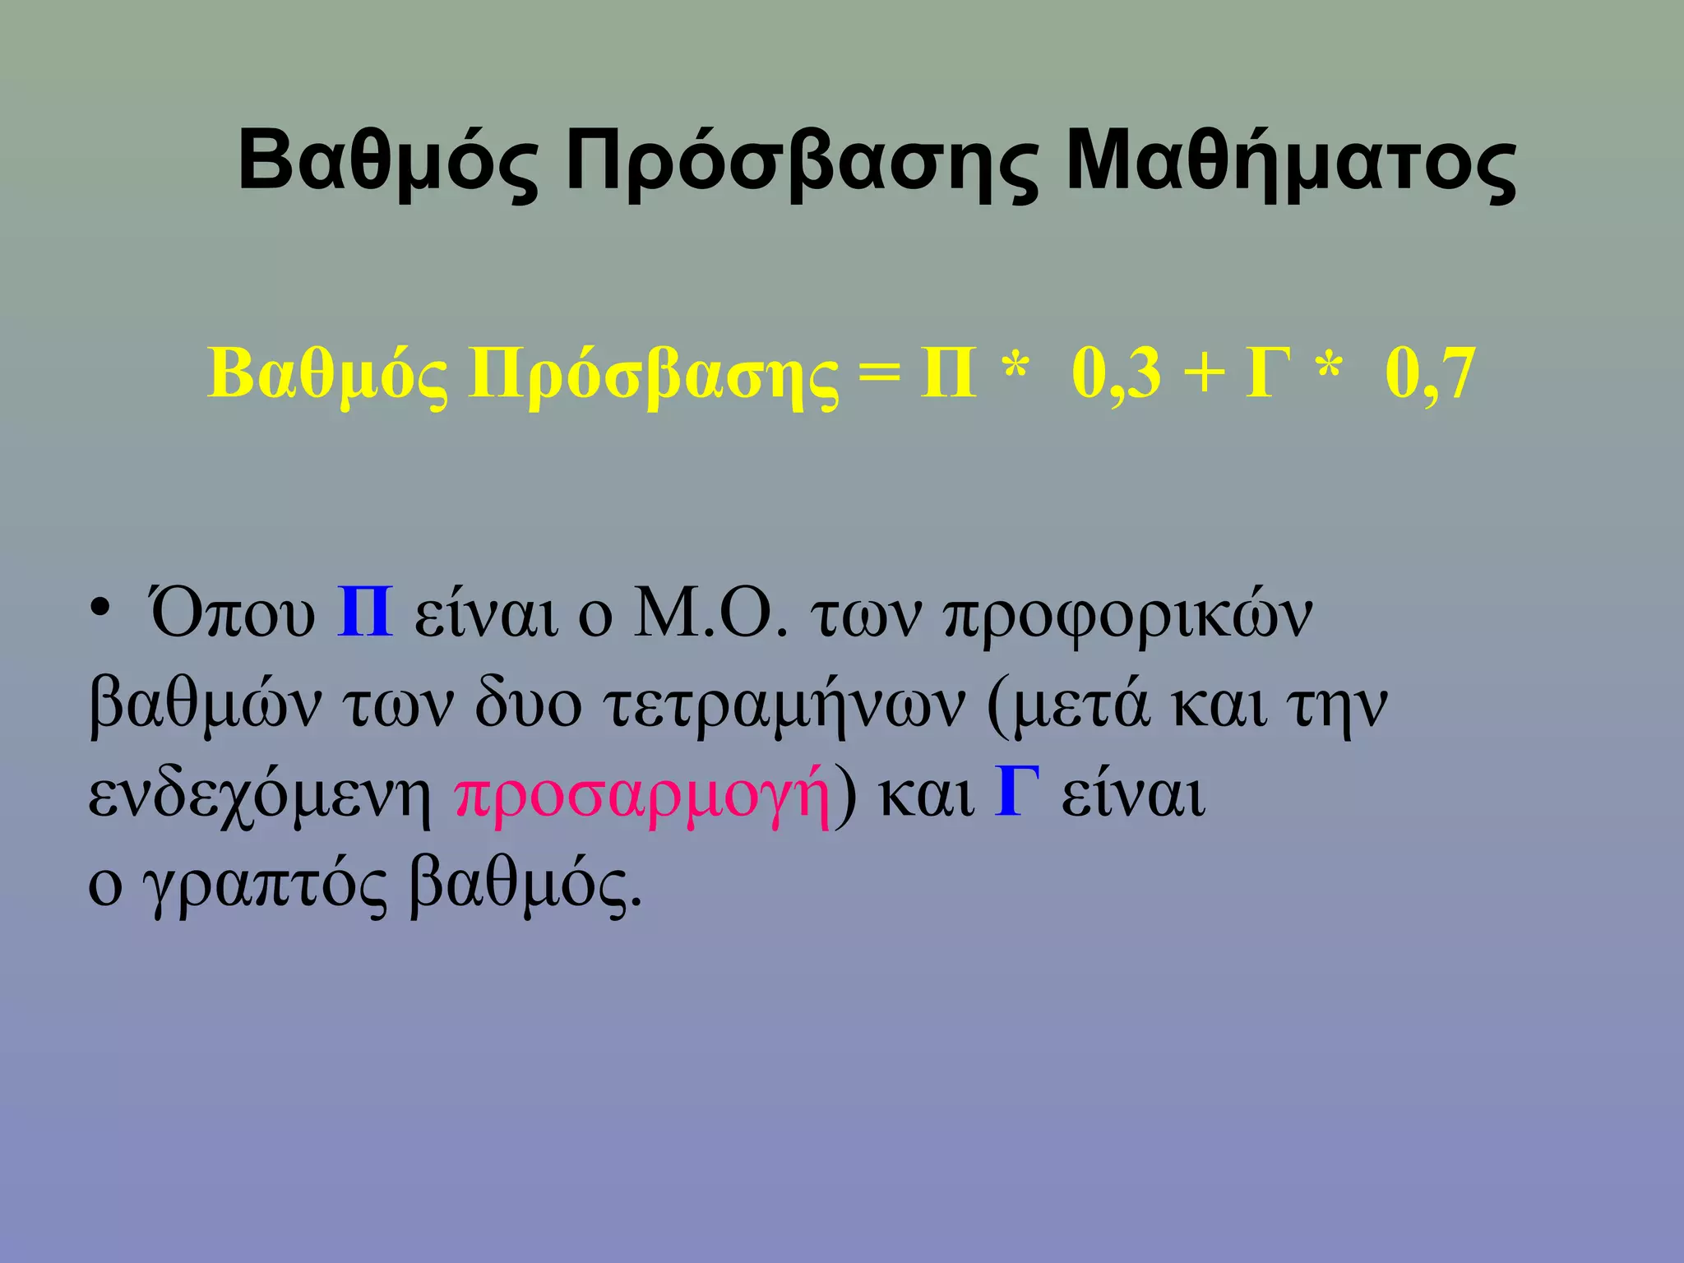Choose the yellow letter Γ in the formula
pyautogui.click(x=1270, y=374)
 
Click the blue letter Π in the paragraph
pyautogui.click(x=365, y=614)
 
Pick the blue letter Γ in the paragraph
pyautogui.click(x=1017, y=792)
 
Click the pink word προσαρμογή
pyautogui.click(x=641, y=794)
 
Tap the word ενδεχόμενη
pyautogui.click(x=260, y=794)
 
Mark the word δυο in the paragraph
pyautogui.click(x=527, y=706)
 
